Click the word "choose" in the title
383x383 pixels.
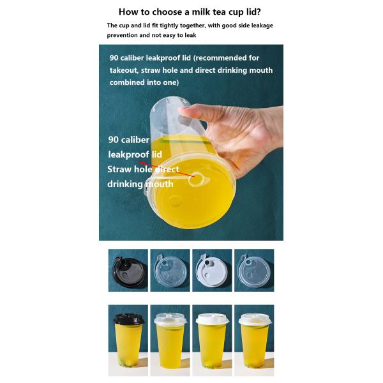168,12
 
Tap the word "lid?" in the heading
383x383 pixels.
253,11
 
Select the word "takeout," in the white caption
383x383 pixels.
124,70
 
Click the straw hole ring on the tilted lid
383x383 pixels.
195,179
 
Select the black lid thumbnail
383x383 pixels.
128,270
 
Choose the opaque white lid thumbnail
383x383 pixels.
212,270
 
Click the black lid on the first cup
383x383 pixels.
129,319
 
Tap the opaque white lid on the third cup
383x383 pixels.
212,319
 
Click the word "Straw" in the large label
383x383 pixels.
120,169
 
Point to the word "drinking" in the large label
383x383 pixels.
125,184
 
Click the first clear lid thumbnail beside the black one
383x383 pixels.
170,270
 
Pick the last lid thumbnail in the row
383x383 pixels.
254,270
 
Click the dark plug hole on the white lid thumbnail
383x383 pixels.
207,262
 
